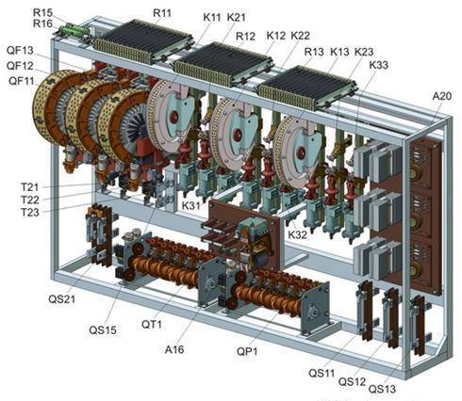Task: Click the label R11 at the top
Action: pos(162,13)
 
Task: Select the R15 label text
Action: pos(42,13)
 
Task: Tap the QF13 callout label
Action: pos(20,50)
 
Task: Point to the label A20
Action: pos(442,96)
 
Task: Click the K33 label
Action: pos(378,65)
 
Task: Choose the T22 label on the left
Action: pos(30,200)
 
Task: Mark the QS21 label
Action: pos(62,299)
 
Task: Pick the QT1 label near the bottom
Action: pos(152,324)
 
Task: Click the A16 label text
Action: pos(174,349)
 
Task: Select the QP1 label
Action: pos(247,351)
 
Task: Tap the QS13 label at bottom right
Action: pos(382,389)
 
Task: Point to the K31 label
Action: pos(191,206)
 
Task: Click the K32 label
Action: pos(297,234)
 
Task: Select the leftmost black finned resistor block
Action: pos(143,40)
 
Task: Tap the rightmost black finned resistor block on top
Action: pos(307,88)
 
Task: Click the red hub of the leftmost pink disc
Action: pos(173,117)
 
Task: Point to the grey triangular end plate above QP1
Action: pos(315,308)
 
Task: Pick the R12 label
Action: pos(245,37)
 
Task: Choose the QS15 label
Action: pos(103,330)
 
